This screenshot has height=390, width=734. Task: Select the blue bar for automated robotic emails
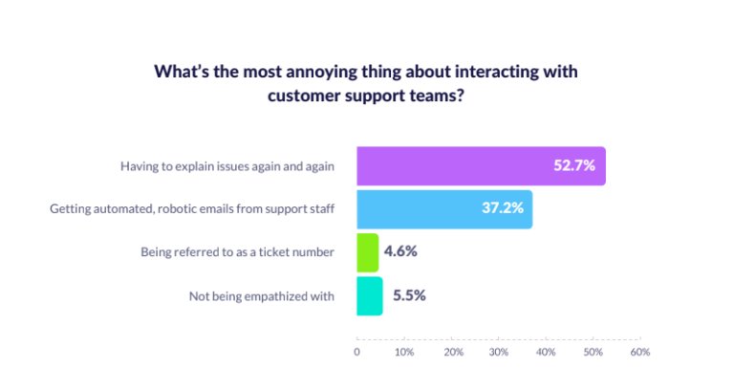click(x=430, y=209)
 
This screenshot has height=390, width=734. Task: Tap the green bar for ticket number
click(x=368, y=252)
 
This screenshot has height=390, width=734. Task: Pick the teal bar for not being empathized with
click(x=370, y=295)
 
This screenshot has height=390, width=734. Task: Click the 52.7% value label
click(x=574, y=166)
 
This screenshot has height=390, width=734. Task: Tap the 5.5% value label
click(x=409, y=295)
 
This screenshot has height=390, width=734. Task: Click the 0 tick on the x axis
click(x=357, y=353)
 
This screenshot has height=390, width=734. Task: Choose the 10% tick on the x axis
click(x=404, y=353)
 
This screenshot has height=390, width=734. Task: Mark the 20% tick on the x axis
click(x=453, y=353)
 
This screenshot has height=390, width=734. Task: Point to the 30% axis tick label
click(x=499, y=353)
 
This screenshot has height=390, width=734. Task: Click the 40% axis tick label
click(x=546, y=353)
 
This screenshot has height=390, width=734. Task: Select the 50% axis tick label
click(x=593, y=353)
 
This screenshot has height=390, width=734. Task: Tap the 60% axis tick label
click(x=639, y=353)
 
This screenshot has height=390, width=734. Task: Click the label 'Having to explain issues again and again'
click(x=227, y=166)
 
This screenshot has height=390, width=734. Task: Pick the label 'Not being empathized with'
click(x=261, y=295)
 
